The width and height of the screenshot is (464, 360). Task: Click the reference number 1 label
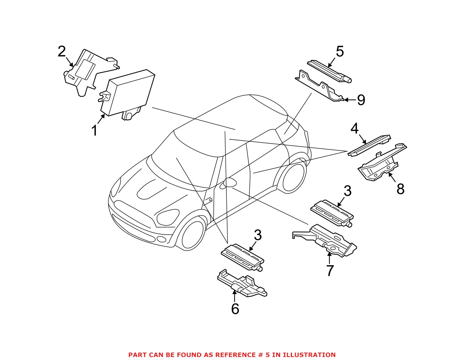pos(95,131)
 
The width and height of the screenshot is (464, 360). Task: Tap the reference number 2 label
pos(62,52)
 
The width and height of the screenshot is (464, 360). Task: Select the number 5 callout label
pos(340,52)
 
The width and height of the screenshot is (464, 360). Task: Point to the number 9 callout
pos(361,100)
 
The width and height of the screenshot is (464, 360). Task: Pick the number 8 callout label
pos(400,189)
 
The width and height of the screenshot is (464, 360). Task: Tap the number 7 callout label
pos(330,270)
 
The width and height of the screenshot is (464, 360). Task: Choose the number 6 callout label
pos(235,309)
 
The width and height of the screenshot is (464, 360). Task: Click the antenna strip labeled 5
pos(329,71)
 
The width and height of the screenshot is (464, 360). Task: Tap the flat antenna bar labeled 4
pos(369,146)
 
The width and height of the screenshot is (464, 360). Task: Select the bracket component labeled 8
pos(382,162)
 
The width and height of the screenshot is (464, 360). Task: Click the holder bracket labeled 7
pos(325,241)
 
